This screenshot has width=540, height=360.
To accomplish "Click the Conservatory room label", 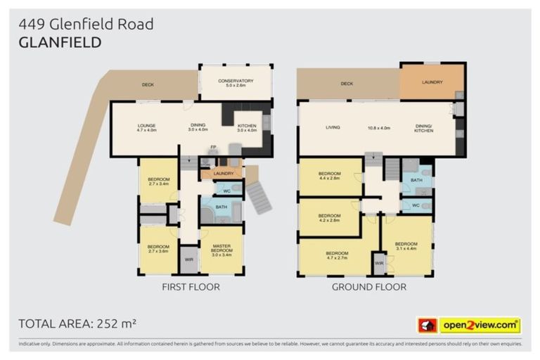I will point(236,83).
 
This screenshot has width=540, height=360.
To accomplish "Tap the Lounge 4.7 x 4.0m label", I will point(147,128).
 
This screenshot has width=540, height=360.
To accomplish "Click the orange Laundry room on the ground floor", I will point(432,82).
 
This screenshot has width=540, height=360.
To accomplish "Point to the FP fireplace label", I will point(212,147).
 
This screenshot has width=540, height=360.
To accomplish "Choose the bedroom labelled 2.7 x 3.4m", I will point(158,182).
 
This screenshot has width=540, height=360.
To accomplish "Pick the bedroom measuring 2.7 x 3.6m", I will point(158,249).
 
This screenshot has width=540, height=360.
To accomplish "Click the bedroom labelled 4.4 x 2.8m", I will point(329,176).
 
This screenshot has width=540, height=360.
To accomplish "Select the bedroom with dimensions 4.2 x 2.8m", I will point(329,218).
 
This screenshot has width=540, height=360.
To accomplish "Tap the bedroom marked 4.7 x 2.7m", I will point(336,256).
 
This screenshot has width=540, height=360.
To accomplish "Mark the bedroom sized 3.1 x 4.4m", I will point(406,245).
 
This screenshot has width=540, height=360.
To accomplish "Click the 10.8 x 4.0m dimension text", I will point(379,128).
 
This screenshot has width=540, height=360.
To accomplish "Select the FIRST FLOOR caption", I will point(191,287).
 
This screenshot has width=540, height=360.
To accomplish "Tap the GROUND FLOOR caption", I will point(368,287).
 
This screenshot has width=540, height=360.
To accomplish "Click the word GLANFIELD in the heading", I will point(60,42).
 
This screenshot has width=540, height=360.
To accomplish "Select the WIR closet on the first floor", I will point(189,259).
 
